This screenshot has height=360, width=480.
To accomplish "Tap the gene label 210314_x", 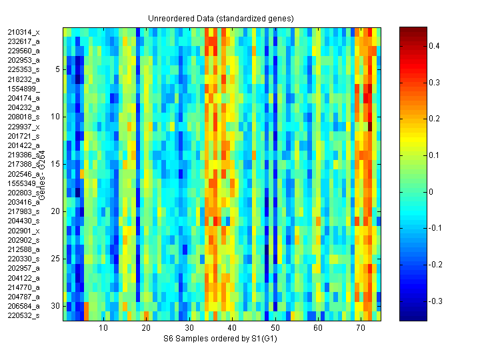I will click(x=23, y=32).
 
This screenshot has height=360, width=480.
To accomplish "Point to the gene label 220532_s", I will click(x=23, y=316).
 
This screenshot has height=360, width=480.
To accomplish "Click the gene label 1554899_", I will click(x=23, y=89).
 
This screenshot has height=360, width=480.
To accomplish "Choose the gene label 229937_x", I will click(x=23, y=127).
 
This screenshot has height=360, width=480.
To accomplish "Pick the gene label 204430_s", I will click(x=23, y=221).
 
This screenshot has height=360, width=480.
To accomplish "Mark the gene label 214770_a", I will click(x=23, y=287).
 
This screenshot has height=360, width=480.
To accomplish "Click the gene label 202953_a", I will click(x=23, y=60).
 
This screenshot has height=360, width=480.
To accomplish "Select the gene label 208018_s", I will click(x=23, y=117).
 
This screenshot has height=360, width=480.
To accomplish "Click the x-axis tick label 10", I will click(x=103, y=329).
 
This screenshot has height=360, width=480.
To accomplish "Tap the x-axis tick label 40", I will click(x=232, y=329).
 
